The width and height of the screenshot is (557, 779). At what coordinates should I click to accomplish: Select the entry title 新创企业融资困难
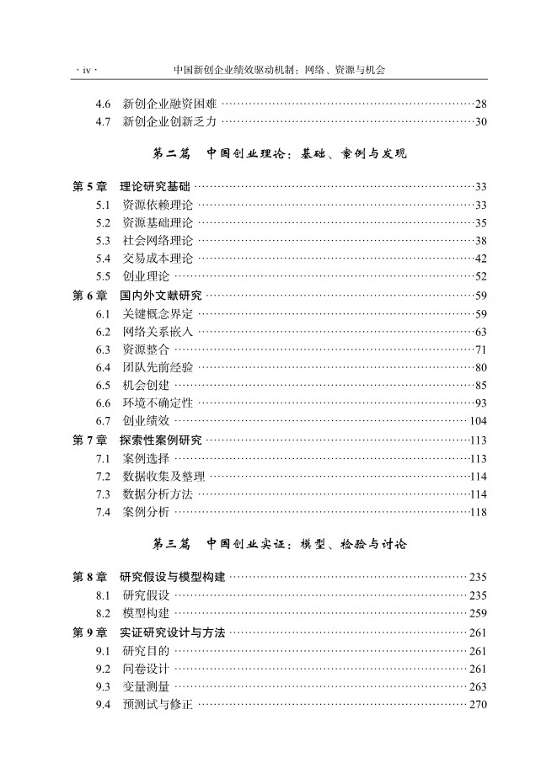click(169, 104)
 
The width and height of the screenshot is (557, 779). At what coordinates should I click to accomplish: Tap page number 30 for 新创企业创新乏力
click(480, 122)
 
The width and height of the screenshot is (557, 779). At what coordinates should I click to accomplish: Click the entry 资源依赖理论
click(158, 205)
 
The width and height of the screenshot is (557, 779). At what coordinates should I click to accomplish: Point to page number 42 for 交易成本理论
click(480, 259)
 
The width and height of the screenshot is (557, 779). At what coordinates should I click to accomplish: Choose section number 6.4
click(104, 367)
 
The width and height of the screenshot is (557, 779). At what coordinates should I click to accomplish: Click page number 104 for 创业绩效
click(478, 421)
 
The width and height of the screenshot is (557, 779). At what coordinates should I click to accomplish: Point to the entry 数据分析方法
click(158, 494)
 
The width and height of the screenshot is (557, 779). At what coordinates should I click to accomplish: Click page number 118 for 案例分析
click(479, 512)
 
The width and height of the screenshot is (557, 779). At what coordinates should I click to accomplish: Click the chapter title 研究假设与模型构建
click(173, 577)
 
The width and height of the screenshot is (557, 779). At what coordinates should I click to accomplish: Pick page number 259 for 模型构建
click(478, 613)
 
